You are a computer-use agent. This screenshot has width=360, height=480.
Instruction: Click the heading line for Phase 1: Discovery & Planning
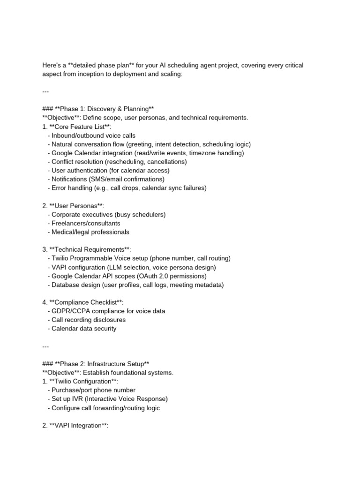pyautogui.click(x=98, y=109)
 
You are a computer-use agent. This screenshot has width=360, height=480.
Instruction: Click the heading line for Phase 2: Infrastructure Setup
pyautogui.click(x=96, y=364)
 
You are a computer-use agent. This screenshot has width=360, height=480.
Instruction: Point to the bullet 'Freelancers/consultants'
pyautogui.click(x=86, y=223)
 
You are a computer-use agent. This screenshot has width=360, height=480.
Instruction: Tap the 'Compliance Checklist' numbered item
pyautogui.click(x=83, y=302)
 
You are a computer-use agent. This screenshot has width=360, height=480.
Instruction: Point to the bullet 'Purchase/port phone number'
pyautogui.click(x=94, y=390)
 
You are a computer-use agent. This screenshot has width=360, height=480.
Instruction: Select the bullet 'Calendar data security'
pyautogui.click(x=84, y=329)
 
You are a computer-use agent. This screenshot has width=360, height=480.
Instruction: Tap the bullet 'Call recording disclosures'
pyautogui.click(x=89, y=320)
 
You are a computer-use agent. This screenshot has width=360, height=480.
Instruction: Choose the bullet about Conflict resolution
pyautogui.click(x=119, y=162)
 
